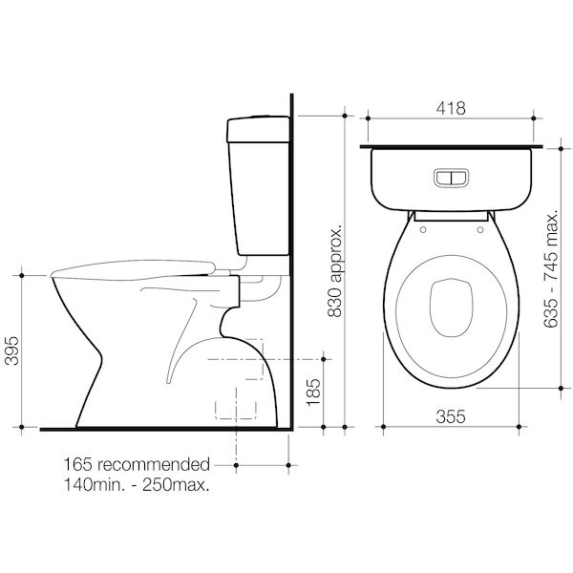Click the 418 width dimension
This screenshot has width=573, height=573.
coord(451,108)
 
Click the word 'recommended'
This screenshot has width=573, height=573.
coord(154,465)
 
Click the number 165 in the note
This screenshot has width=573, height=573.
coord(78,465)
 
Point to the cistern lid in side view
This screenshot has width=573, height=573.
coord(257,120)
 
